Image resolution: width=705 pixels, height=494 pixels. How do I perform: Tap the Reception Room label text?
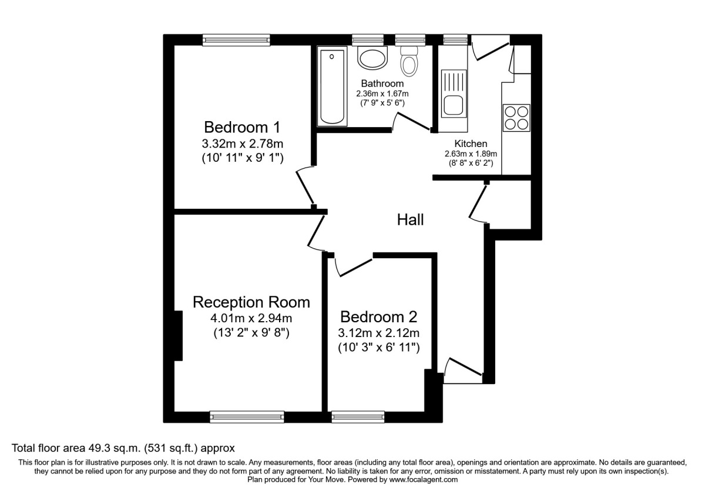pyautogui.click(x=251, y=302)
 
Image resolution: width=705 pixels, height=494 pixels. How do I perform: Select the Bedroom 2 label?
pyautogui.click(x=378, y=317)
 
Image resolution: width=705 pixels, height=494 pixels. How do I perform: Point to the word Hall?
pyautogui.click(x=410, y=220)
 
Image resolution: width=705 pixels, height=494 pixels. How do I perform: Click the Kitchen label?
pyautogui.click(x=471, y=143)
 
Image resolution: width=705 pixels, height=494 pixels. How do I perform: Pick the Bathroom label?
pyautogui.click(x=382, y=84)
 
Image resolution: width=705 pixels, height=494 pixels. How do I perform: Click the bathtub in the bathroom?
pyautogui.click(x=332, y=87)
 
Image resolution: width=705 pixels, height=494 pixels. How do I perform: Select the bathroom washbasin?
pyautogui.click(x=372, y=58)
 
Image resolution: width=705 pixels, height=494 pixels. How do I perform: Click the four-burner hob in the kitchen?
pyautogui.click(x=516, y=116)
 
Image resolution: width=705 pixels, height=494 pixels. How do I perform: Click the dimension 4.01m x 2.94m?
pyautogui.click(x=251, y=319)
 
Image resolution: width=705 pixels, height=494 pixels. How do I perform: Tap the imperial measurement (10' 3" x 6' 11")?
pyautogui.click(x=378, y=348)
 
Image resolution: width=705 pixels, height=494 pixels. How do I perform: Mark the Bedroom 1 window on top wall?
pyautogui.click(x=236, y=40)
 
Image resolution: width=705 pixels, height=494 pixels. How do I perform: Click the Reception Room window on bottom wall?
pyautogui.click(x=247, y=416)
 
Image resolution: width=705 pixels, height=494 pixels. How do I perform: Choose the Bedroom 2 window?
pyautogui.click(x=358, y=416)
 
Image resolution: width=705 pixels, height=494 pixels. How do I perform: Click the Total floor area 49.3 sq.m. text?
pyautogui.click(x=123, y=448)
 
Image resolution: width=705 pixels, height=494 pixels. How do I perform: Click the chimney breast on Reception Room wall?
pyautogui.click(x=178, y=335)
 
